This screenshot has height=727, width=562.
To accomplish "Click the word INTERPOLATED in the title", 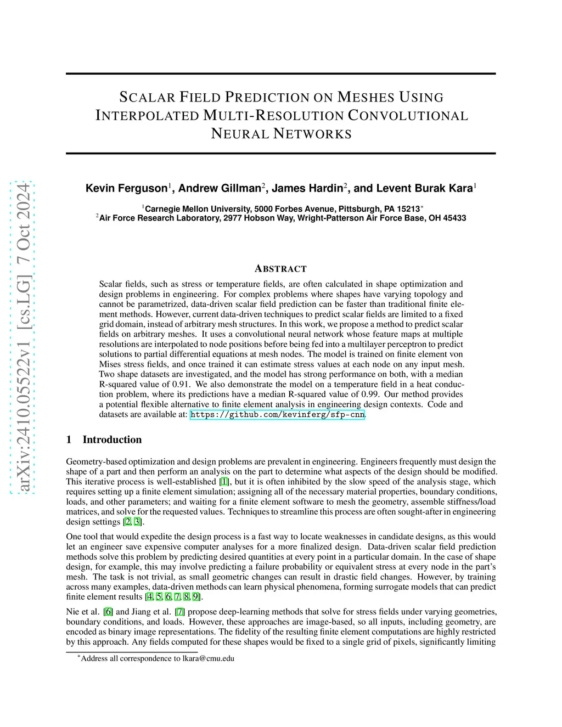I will [x=147, y=116].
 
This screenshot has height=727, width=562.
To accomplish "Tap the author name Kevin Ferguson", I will [x=126, y=189].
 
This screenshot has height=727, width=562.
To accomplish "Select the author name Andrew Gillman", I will [x=220, y=189].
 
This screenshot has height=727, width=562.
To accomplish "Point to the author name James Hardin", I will [x=307, y=189].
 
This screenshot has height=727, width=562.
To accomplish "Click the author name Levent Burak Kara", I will [x=413, y=189].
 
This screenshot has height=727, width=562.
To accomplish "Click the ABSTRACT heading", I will [x=280, y=269].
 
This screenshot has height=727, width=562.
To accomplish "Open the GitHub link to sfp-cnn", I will [x=277, y=415].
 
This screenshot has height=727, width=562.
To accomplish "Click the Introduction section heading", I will [x=112, y=439].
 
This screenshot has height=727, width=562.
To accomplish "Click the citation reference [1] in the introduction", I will [x=224, y=482].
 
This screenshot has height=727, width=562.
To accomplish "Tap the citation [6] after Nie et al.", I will [x=108, y=612].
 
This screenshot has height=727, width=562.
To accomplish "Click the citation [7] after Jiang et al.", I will [x=179, y=612].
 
